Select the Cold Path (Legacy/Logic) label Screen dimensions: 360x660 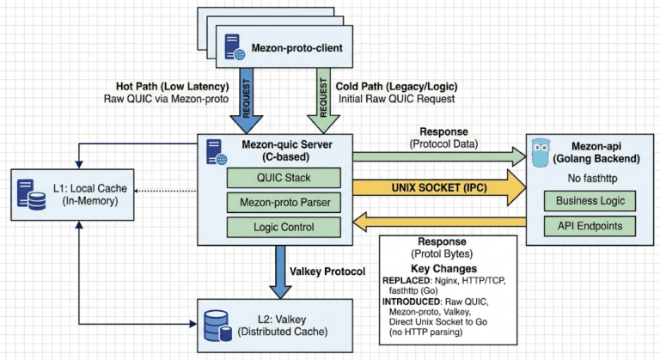[392, 87]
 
